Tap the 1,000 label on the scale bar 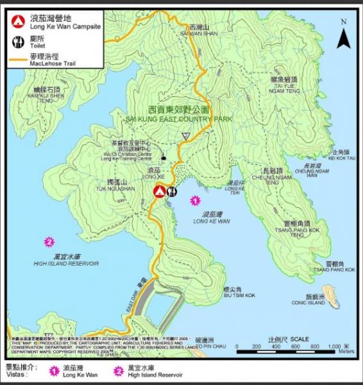tap(331, 346)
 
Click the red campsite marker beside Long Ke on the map tap(159, 191)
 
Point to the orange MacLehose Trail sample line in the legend tap(17, 62)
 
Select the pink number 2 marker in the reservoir tap(49, 242)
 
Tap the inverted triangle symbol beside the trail tap(185, 136)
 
